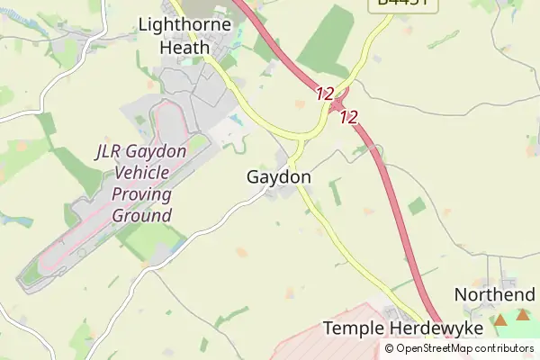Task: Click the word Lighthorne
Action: (x=185, y=25)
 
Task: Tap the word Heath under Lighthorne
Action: (x=185, y=47)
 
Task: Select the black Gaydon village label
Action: (x=279, y=177)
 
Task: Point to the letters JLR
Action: (x=112, y=151)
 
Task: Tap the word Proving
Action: (x=141, y=194)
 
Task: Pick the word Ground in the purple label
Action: (x=141, y=216)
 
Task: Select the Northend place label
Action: (x=494, y=294)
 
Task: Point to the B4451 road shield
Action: (x=402, y=4)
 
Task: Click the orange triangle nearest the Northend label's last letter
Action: (x=523, y=314)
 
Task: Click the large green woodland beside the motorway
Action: (x=327, y=40)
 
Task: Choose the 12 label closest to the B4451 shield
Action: (x=325, y=93)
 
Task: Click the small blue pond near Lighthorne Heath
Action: (x=237, y=119)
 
